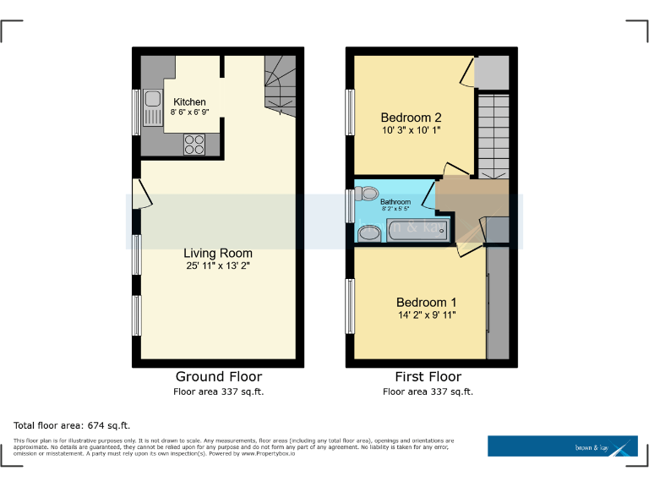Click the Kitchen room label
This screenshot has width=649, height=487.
[x=189, y=101]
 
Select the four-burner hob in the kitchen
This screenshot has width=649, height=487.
[x=194, y=144]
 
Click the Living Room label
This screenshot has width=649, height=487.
[x=218, y=253]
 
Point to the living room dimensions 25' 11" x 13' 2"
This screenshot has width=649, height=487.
[x=218, y=265]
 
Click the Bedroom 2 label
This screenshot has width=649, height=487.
[x=411, y=118]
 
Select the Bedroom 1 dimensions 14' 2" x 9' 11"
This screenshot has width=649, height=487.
[x=427, y=315]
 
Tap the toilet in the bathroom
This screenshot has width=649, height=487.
[x=365, y=194]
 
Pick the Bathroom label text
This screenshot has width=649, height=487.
[x=395, y=202]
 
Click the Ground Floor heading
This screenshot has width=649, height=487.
[x=218, y=376]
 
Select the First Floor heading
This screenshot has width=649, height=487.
[x=428, y=376]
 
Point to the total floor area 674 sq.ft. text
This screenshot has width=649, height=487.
[x=72, y=425]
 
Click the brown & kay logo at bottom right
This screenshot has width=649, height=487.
[x=562, y=446]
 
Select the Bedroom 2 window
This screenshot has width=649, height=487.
[x=350, y=112]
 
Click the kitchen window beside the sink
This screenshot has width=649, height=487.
[x=136, y=112]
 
